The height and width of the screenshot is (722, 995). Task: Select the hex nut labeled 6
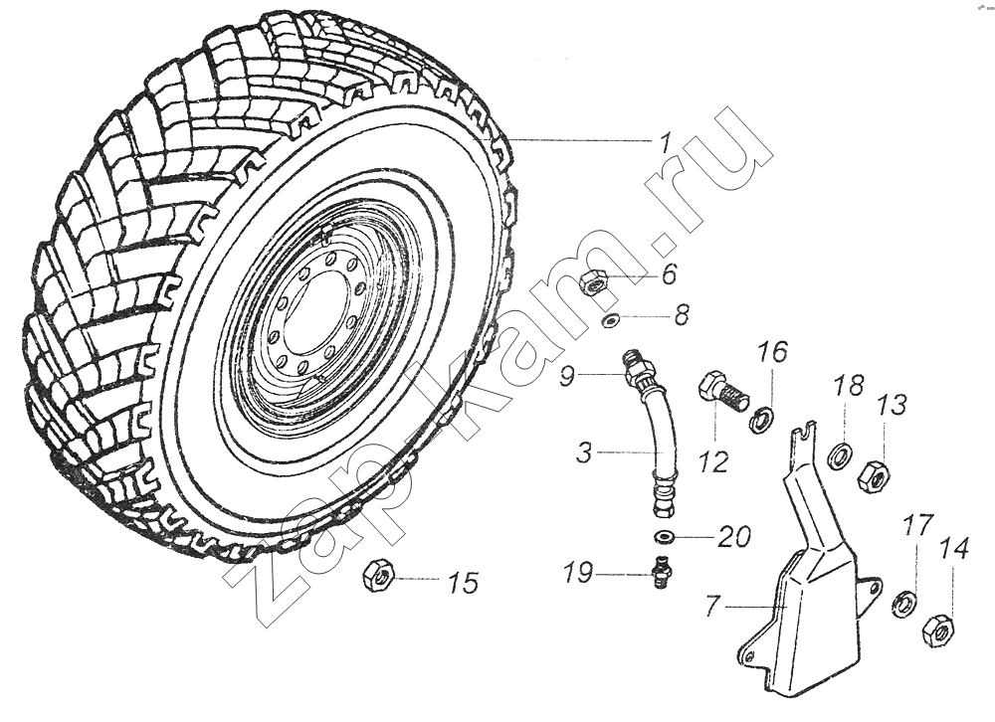click(x=594, y=281)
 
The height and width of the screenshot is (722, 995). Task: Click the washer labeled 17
click(x=904, y=602)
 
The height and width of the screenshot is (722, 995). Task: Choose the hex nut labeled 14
click(x=936, y=630)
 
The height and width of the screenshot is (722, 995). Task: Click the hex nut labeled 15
click(x=379, y=576)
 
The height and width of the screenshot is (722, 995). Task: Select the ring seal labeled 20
click(x=664, y=538)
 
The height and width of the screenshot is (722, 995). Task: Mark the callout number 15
click(x=463, y=583)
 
